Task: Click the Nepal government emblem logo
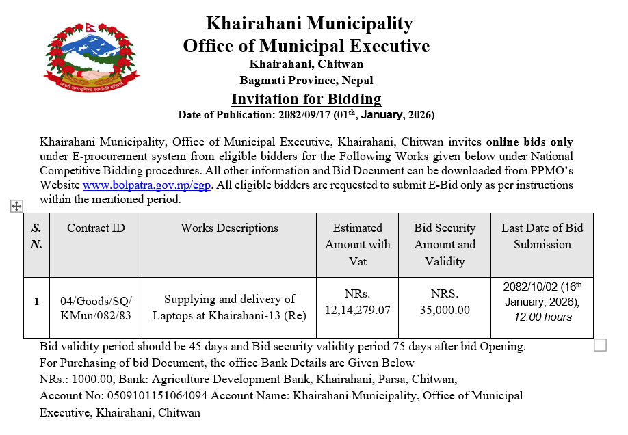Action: click(x=92, y=58)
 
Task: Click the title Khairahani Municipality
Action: click(x=309, y=24)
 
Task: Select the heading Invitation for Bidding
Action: click(x=306, y=98)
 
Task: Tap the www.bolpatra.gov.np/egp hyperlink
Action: click(x=148, y=185)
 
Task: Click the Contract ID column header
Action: click(x=96, y=228)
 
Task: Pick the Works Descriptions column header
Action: click(x=229, y=228)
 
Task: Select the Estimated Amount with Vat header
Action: click(x=358, y=244)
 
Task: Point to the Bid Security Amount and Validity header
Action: click(x=445, y=244)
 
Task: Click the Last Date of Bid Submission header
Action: click(x=542, y=236)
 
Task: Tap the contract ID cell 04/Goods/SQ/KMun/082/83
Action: click(x=96, y=308)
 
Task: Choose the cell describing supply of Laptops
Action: click(x=229, y=307)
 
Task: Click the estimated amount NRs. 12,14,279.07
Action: click(x=358, y=302)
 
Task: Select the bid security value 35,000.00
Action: click(x=445, y=310)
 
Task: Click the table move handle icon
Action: click(x=17, y=206)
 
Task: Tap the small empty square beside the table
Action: click(x=600, y=345)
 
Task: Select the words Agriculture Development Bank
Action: click(x=233, y=379)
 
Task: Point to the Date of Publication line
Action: click(x=306, y=115)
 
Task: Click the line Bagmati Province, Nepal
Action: click(x=306, y=80)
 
